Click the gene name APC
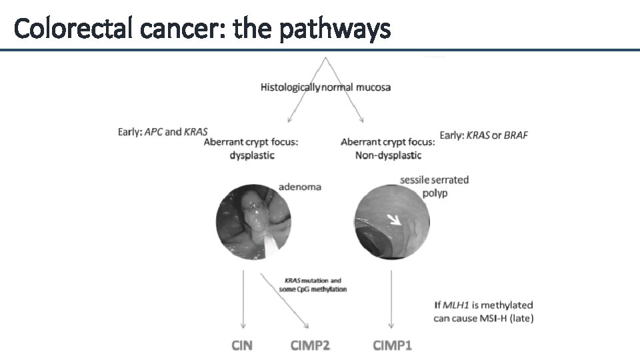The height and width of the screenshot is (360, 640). [x=154, y=131]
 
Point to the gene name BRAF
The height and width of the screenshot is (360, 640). [x=516, y=135]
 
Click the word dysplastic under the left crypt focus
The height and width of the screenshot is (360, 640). [x=251, y=155]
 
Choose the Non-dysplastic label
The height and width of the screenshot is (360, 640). [x=388, y=155]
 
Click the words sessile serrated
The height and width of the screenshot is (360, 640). [x=435, y=180]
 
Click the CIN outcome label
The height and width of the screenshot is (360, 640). [x=242, y=345]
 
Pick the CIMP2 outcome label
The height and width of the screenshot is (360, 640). [x=311, y=345]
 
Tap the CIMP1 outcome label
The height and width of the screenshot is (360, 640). [x=392, y=345]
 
